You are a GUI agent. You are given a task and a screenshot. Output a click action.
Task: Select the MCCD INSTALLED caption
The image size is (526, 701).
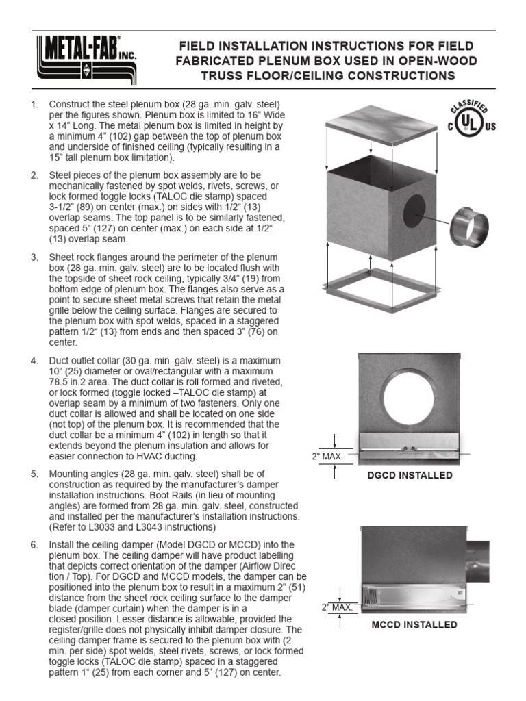pyautogui.click(x=414, y=624)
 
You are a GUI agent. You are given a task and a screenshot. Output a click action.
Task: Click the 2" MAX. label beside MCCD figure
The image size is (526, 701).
pyautogui.click(x=337, y=607)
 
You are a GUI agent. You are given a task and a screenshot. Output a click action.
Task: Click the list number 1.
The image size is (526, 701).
pyautogui.click(x=34, y=104)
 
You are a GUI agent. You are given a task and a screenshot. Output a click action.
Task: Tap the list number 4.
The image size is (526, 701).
pyautogui.click(x=34, y=361)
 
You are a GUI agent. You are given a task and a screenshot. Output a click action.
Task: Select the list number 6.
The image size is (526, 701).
pyautogui.click(x=34, y=544)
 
